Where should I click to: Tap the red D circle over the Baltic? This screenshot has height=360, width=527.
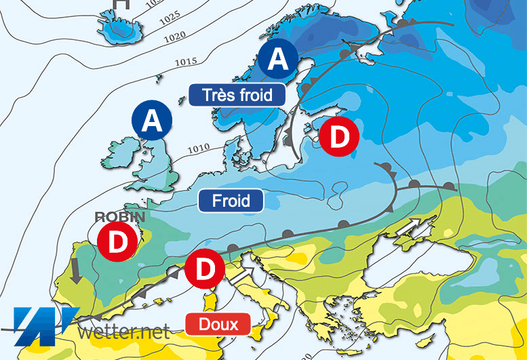(339, 137)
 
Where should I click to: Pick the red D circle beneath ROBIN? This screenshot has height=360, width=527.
(117, 242)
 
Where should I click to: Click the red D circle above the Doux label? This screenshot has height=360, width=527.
(205, 268)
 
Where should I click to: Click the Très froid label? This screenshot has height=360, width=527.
(237, 95)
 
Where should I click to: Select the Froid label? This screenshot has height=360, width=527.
(231, 201)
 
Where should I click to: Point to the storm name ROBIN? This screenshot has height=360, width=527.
(120, 216)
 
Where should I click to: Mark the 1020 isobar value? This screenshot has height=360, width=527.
(175, 34)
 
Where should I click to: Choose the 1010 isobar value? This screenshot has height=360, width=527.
(199, 148)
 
